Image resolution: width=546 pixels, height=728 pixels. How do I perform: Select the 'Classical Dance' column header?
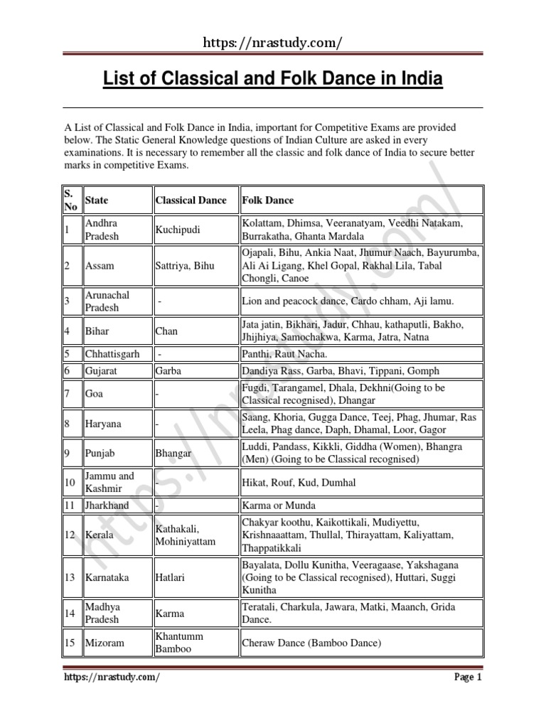click(x=191, y=200)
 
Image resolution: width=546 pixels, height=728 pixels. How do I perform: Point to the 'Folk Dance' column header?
click(x=268, y=200)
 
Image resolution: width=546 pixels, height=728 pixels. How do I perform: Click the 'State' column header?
click(x=97, y=200)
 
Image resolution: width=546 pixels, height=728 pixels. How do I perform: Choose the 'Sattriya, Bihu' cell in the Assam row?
click(x=183, y=265)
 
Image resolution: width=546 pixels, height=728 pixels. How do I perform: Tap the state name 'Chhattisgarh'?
click(x=112, y=354)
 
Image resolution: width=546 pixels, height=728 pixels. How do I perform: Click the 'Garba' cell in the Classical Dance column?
click(x=168, y=370)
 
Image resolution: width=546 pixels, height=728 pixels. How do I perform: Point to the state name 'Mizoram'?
click(x=105, y=643)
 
